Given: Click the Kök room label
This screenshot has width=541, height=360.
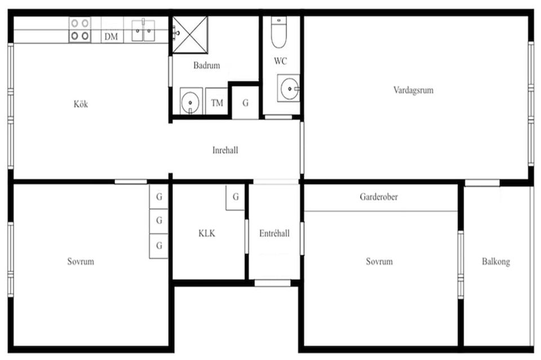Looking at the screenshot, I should point(81,104).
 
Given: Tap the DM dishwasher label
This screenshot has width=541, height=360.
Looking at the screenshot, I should point(111,37).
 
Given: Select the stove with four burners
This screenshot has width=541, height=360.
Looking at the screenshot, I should point(79,29).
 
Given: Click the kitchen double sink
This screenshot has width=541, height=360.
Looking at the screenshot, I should point(143,30).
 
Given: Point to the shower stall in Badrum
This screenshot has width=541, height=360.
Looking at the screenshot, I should point(190,34).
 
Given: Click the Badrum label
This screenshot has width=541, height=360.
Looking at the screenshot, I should point(206,65).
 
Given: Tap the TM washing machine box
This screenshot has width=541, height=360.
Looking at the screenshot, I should point(217,103).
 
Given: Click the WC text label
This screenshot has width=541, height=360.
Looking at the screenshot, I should point(281,61).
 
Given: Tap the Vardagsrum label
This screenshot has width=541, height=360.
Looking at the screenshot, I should point(413,90).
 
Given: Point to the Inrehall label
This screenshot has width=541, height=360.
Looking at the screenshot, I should point(225,150).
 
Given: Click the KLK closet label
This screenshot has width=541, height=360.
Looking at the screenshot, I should point(207,233).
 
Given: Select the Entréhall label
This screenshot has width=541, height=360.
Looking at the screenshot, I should point(274,233).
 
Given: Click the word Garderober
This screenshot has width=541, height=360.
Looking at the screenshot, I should point(379,197).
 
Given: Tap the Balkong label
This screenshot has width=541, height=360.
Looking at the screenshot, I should point(496,261).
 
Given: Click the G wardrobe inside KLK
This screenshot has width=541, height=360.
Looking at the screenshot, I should point(236,197).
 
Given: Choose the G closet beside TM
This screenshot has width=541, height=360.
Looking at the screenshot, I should point(246,103).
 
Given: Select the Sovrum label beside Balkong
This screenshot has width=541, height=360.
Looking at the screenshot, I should point(379,261).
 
